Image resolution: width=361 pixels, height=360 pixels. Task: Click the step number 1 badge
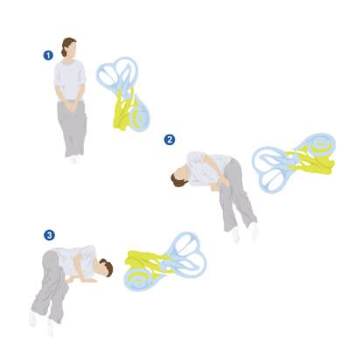48,54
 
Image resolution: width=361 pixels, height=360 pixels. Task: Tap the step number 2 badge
170,139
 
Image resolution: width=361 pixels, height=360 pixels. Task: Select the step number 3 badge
50,235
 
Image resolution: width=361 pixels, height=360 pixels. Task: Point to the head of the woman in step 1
69,48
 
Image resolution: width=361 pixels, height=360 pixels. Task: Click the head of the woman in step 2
181,176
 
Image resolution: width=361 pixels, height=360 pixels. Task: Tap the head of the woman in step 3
104,267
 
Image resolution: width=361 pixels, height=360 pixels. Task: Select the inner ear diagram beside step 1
126,93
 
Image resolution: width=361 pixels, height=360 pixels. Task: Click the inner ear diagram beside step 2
293,162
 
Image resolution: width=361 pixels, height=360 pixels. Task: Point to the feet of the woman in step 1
74,159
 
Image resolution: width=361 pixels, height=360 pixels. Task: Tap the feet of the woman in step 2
245,232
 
